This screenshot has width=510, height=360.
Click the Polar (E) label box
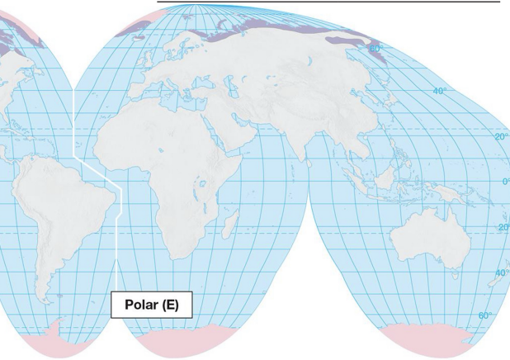tap(151, 305)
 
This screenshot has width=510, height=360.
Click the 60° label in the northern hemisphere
tap(376, 49)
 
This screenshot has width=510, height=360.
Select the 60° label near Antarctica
tap(484, 315)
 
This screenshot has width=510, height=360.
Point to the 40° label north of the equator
tap(438, 91)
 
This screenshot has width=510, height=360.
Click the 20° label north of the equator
tap(501, 137)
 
